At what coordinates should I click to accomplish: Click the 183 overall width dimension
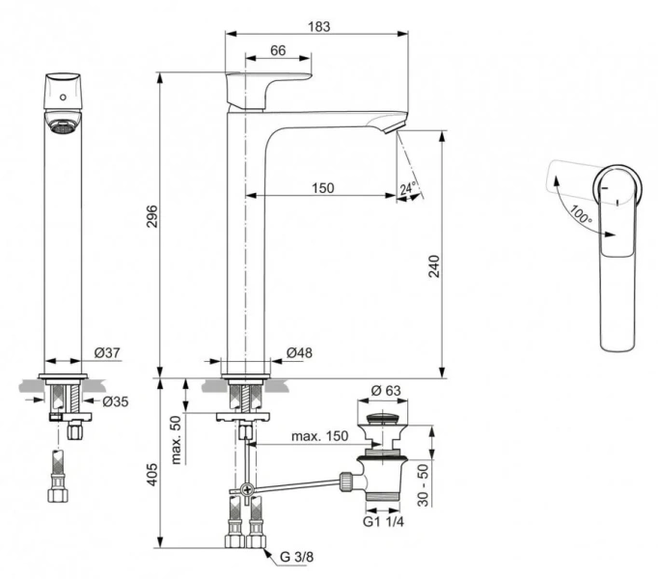317,27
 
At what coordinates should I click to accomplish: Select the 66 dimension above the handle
277,51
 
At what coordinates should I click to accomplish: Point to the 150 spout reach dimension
322,187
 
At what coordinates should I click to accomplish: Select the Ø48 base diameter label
300,353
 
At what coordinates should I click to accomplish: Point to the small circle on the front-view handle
64,97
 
